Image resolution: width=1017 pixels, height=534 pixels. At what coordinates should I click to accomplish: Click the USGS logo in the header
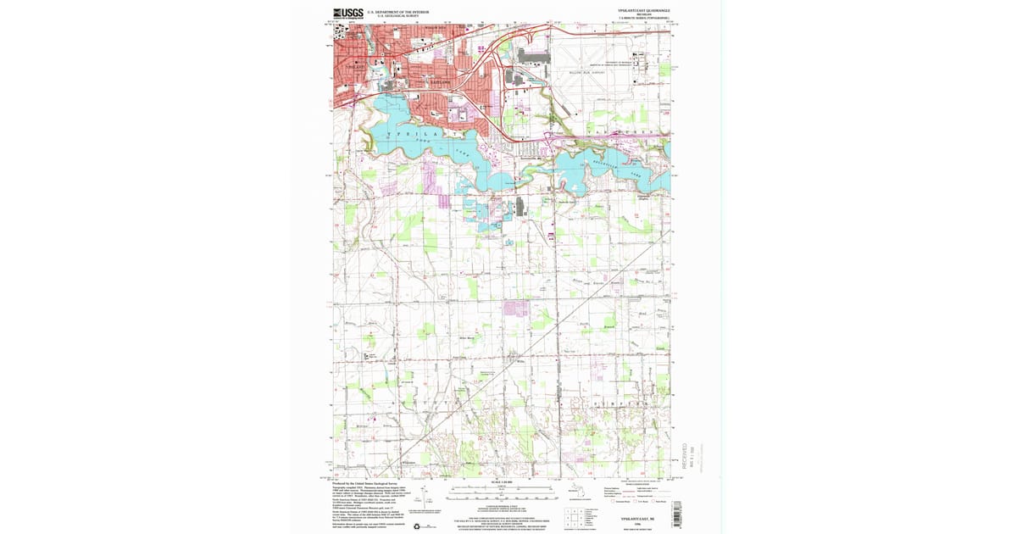pos(347,13)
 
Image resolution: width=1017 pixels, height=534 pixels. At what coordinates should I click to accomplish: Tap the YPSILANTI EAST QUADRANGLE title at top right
pos(644,10)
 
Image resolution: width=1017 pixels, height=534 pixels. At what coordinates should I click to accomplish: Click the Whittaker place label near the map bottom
pos(408,463)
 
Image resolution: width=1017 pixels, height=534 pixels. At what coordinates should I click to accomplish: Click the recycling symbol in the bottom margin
pos(415,525)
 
